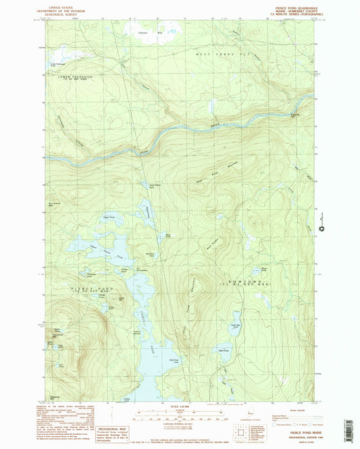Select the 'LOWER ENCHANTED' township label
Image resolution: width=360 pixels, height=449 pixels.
(67, 78)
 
